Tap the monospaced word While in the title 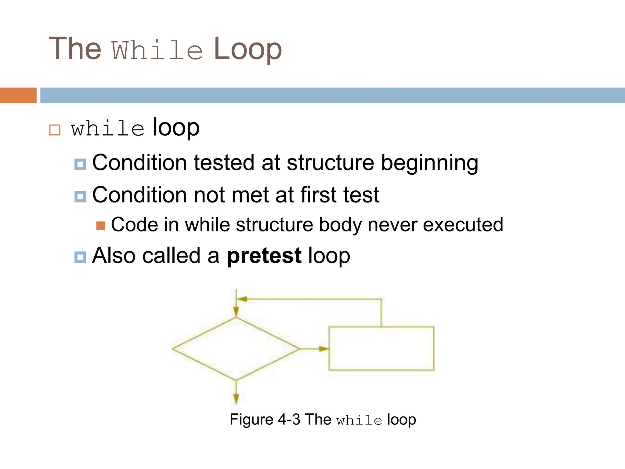coord(157,50)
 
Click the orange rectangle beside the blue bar coord(18,95)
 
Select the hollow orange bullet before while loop coord(55,130)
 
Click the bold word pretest coord(264,256)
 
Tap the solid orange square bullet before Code coord(101,226)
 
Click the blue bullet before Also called coord(80,257)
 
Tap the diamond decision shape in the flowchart coord(236,349)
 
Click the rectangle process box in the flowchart coord(381,348)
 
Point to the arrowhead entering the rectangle coord(324,349)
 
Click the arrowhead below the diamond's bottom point coord(236,399)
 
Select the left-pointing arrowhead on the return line coord(242,299)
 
